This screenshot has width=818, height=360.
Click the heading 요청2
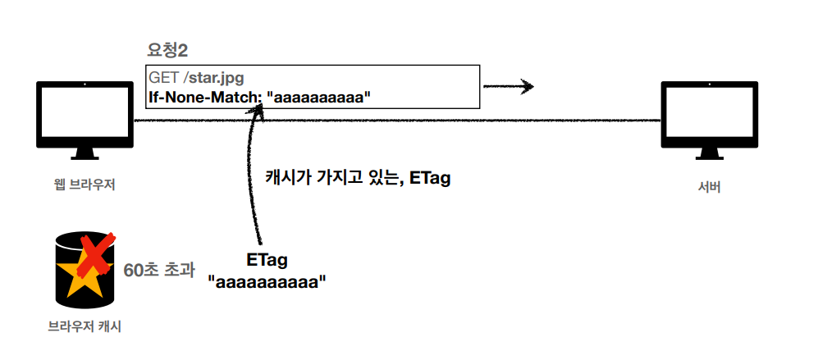coord(167,51)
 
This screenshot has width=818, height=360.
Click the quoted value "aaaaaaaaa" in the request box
coord(320,97)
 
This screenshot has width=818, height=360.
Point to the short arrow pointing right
coord(509,86)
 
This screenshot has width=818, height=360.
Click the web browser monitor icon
coord(85,115)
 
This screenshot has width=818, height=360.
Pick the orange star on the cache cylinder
coord(83,280)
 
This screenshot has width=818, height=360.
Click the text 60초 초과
coord(159,270)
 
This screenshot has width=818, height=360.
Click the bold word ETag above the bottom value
coord(267,261)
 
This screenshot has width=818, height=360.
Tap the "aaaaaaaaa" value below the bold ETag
coord(267,282)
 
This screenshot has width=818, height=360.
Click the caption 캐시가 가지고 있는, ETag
coord(358,178)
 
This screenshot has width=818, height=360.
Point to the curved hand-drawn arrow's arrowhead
coord(259,116)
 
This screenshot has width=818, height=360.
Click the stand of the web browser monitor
coord(85,155)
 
